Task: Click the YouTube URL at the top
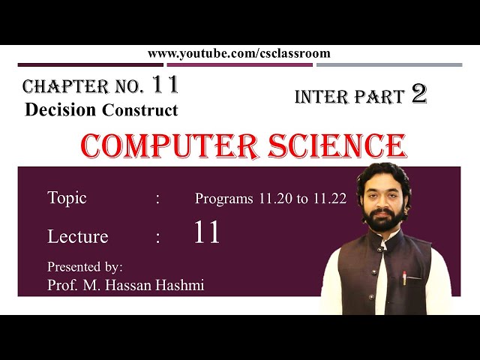point(238,53)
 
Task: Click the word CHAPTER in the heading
point(54,86)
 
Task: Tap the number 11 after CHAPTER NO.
point(165,85)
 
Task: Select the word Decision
point(60,109)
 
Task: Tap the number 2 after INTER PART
point(418,94)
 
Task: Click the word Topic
point(67,198)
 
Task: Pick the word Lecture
point(77,237)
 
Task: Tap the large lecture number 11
point(207,233)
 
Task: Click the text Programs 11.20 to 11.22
point(270,199)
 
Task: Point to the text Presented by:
point(85,266)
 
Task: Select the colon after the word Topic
point(158,199)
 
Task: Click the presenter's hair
point(384,175)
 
